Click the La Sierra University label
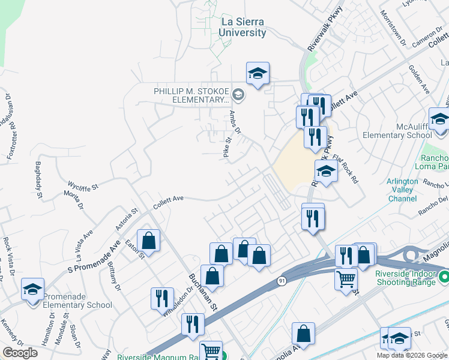[x=243, y=27]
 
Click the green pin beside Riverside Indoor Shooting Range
[x=444, y=277]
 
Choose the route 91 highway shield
[x=282, y=280]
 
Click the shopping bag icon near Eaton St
[x=148, y=241]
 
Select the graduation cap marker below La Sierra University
[x=258, y=74]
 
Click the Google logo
[x=20, y=353]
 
